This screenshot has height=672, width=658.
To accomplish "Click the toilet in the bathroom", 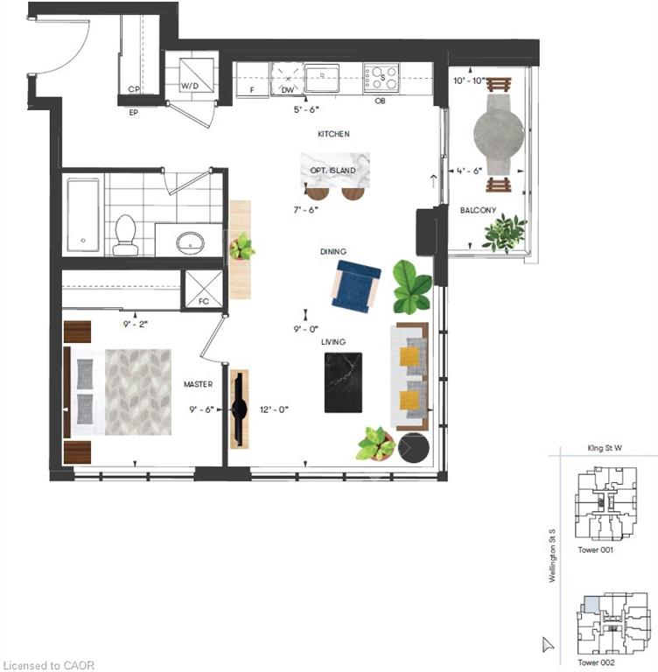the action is coord(125,234).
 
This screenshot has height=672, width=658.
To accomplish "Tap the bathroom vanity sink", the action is coord(190,243).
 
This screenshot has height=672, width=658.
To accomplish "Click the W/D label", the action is coord(190,86).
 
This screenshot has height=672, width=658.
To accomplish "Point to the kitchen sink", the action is coord(322,78).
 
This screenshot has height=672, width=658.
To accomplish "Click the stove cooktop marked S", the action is coord(381,78).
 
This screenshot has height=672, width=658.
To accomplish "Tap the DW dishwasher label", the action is coord(288,90).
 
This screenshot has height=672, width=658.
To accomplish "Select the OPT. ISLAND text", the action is coord(332,171).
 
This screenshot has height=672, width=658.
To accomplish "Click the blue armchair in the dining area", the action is coord(356,285).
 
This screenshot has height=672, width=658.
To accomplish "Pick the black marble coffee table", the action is coord(343,382).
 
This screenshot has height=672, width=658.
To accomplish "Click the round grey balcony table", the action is coord(499,134).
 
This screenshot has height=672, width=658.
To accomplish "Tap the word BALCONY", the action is coord(478,210).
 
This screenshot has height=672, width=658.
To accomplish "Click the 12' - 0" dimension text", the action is coord(274,409).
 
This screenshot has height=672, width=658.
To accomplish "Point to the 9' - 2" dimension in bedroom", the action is coord(135,324).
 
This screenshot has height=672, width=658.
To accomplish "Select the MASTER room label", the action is coord(198,384).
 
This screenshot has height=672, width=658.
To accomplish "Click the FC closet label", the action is coord(204,301).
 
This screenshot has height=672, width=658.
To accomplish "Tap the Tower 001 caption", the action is coord(595,549).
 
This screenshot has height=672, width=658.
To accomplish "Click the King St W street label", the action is coord(605,448).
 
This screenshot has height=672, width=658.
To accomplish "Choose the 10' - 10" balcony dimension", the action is coord(469,80).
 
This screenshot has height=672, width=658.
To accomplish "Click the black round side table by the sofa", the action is coord(414,447).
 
